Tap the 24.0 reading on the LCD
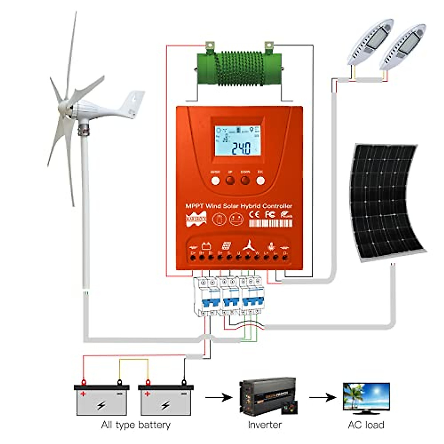[241, 148]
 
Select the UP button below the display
[230, 180]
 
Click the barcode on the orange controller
[270, 223]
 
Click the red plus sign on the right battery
[147, 394]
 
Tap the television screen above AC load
[366, 396]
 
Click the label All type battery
[136, 425]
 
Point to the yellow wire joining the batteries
[133, 360]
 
